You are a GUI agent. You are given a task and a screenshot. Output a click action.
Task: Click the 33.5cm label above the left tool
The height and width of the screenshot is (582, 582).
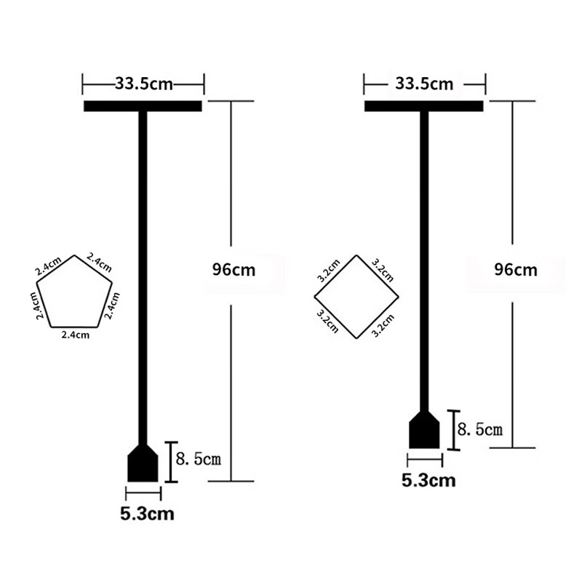[x=144, y=84]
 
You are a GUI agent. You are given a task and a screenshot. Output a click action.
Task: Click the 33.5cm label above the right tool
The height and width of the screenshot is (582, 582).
[x=424, y=84]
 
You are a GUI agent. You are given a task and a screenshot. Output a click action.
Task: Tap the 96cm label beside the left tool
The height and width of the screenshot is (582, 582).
[x=234, y=270]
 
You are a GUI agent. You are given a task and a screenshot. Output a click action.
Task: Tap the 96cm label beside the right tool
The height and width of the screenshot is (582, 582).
[x=516, y=270]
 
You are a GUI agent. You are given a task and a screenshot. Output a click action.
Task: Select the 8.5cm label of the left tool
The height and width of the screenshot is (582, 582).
[x=198, y=459]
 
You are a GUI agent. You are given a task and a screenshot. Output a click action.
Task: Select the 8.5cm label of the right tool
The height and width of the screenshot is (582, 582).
[x=480, y=429]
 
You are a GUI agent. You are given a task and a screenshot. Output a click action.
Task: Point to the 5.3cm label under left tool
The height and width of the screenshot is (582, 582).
[x=148, y=514]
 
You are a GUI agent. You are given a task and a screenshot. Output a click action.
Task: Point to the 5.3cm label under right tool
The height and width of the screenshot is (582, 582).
[x=428, y=481]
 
